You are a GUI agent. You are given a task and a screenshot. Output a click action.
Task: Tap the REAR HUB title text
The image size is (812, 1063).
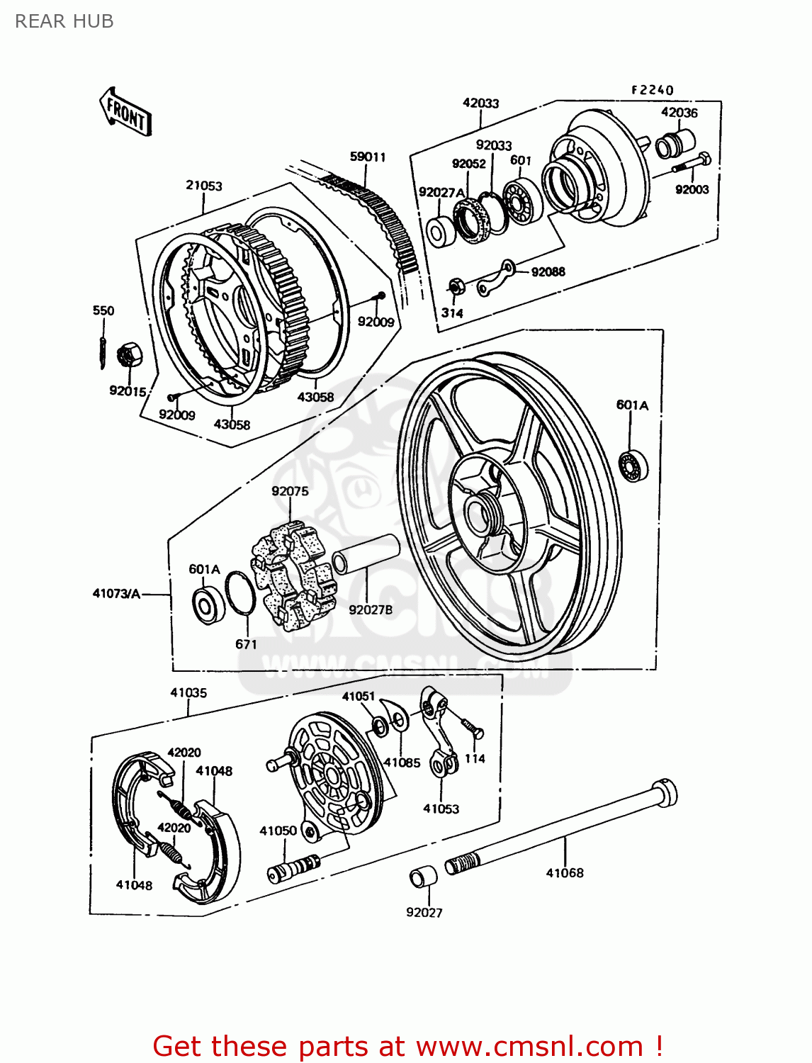coord(64,21)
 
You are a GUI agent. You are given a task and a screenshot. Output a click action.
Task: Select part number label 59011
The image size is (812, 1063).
coord(368,157)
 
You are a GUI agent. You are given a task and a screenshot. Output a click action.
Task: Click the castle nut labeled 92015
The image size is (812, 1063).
coord(128,354)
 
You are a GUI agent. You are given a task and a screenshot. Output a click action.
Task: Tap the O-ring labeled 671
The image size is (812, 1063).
coord(240,593)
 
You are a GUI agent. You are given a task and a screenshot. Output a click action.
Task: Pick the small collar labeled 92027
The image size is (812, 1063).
coord(424,877)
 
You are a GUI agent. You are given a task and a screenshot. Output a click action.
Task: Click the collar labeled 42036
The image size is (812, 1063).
coord(670,144)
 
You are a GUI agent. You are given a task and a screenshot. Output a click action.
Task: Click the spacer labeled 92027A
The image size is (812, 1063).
coord(441,232)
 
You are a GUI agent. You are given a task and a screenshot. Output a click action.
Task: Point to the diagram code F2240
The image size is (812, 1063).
coord(652,90)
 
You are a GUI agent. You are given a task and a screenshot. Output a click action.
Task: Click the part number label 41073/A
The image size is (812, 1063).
coord(116,593)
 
